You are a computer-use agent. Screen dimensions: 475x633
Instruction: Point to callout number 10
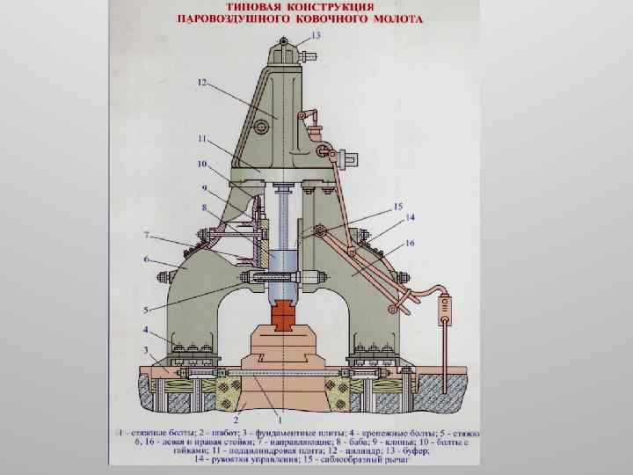202,164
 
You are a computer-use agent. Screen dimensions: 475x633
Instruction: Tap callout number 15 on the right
397,208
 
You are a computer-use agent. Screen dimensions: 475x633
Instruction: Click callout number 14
410,217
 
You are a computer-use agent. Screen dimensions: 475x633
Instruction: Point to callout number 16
410,242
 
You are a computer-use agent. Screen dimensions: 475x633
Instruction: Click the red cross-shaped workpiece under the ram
284,314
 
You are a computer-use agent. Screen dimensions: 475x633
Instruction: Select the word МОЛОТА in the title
397,18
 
